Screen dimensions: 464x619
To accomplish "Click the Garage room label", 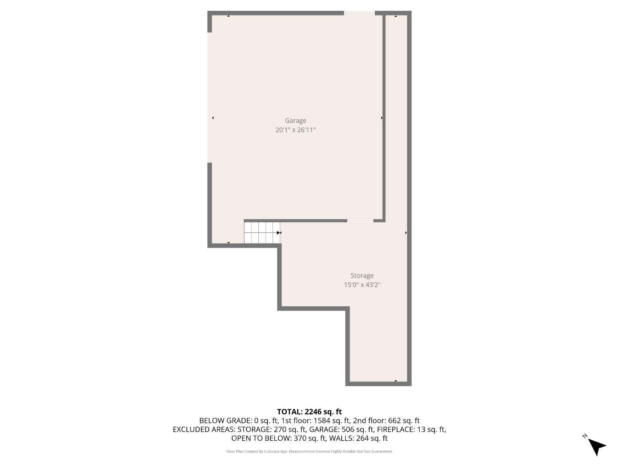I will [295, 121].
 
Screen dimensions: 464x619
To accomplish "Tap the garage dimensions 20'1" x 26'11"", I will [295, 130].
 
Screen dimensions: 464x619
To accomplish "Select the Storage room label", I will [362, 276].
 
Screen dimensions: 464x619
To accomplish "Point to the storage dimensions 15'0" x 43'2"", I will [362, 285].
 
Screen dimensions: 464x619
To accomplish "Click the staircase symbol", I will [262, 232].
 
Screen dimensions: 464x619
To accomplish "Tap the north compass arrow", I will [597, 446].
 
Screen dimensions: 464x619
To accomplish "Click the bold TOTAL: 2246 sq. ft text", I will [309, 412].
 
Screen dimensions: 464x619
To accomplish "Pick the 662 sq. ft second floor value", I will [404, 421].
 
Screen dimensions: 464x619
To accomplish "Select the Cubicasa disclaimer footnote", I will [309, 452].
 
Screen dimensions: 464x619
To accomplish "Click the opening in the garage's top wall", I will [359, 13].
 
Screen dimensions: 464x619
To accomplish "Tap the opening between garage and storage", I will [360, 221].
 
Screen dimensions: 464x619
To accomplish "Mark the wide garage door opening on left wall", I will [210, 98].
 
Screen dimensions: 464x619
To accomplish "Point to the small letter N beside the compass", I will [585, 436].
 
